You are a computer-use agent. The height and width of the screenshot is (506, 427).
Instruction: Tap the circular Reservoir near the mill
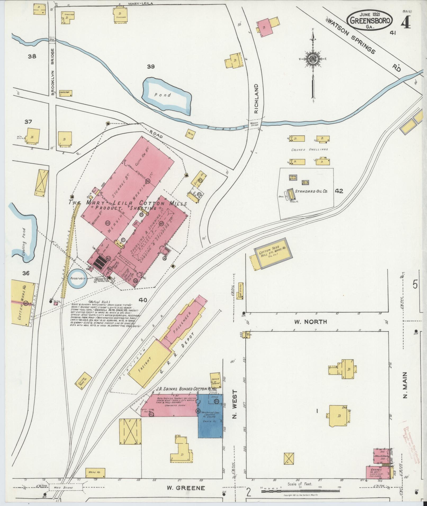77,279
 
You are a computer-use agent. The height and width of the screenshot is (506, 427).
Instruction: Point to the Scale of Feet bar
300,491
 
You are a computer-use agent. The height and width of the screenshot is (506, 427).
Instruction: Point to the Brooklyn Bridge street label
52,72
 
